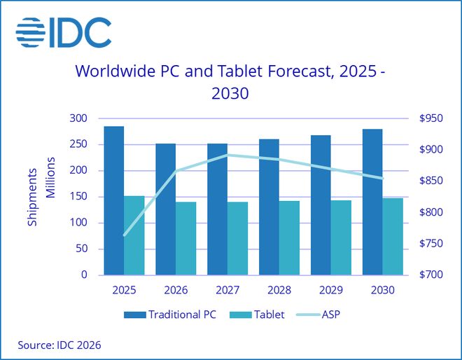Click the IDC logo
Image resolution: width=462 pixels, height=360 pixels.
click(63, 32)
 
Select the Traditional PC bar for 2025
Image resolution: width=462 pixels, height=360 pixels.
click(114, 200)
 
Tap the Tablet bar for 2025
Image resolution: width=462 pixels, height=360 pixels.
click(134, 235)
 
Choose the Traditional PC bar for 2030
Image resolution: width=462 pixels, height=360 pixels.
click(372, 202)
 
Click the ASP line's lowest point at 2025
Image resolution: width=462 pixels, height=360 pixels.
click(125, 235)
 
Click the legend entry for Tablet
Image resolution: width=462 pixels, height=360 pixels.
click(259, 314)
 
